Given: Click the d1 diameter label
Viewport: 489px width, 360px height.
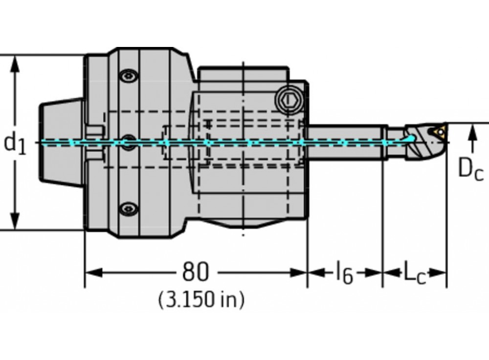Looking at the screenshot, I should click(14, 143).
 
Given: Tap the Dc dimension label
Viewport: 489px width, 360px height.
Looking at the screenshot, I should click(470, 169).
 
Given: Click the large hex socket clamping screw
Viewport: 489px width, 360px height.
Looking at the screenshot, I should click(287, 101).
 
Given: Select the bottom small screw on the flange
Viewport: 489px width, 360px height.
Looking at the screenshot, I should click(128, 209).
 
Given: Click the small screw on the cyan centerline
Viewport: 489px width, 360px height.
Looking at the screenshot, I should click(128, 143).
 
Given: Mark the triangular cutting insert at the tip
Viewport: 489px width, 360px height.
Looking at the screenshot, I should click(437, 131).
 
